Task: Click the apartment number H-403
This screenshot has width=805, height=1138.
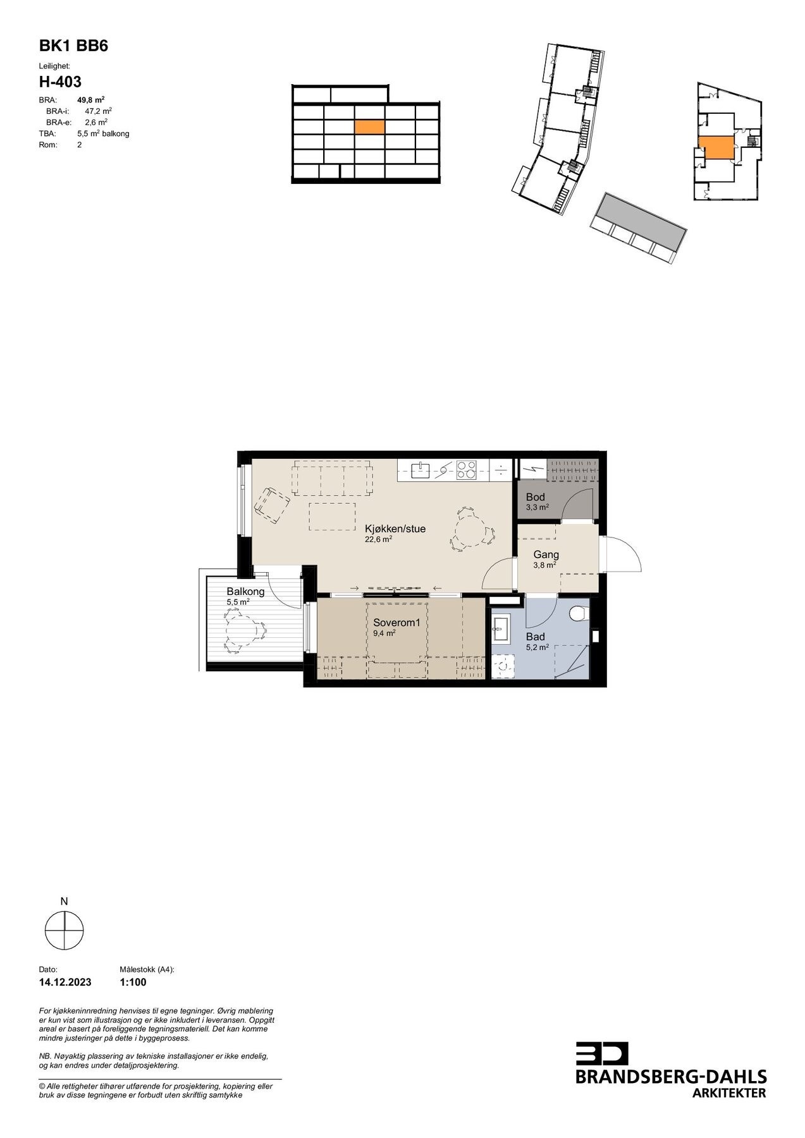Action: point(60,82)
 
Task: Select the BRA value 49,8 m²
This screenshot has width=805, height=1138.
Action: point(90,100)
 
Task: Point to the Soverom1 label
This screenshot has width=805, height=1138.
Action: point(396,622)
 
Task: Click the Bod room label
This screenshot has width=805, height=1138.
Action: point(535,497)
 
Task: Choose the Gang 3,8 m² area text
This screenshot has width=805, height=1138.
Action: point(544,565)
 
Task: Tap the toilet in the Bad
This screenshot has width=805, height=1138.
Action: point(578,613)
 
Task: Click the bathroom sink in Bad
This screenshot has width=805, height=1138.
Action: point(503,629)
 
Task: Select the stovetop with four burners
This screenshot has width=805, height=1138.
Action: point(467,470)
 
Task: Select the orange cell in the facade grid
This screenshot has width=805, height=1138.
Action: point(369,127)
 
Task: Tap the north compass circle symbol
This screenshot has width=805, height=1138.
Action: point(64,930)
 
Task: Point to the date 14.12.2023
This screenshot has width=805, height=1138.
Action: point(65,982)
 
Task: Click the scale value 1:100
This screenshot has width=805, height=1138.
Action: point(133,982)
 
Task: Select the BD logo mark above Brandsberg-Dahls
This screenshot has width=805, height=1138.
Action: point(601,1053)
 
